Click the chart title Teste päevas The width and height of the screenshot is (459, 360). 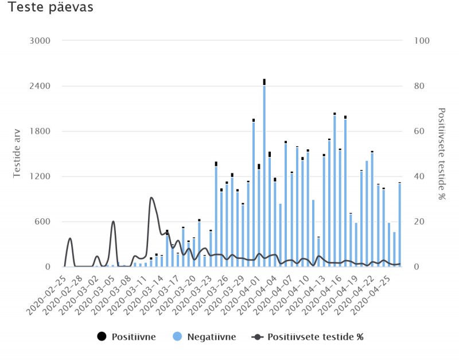[x=50, y=9]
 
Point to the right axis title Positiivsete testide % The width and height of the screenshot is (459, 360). [x=442, y=153]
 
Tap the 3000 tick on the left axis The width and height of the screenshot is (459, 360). [x=40, y=41]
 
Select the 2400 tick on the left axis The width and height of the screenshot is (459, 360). [x=40, y=86]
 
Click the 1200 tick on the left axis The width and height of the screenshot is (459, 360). [x=40, y=177]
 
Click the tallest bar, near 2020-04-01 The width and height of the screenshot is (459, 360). [x=264, y=172]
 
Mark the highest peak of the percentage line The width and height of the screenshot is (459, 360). [x=151, y=198]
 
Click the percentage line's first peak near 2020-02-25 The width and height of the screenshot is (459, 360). [x=70, y=238]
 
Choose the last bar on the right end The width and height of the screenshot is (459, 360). [x=399, y=224]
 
